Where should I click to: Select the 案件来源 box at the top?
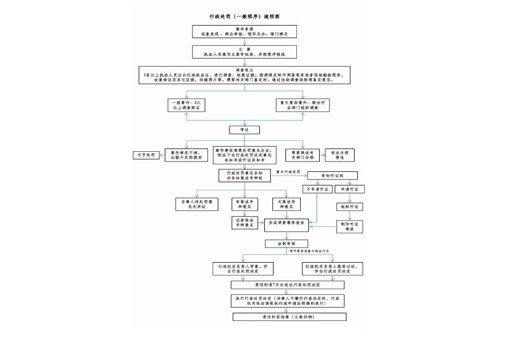click(244, 32)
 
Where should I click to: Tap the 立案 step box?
click(244, 52)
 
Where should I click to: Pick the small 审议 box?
click(244, 130)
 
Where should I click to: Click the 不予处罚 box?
click(145, 155)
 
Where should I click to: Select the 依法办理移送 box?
click(340, 154)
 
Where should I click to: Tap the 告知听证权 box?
click(332, 175)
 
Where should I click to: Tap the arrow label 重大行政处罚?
click(288, 172)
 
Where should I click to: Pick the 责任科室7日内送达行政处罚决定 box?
click(288, 284)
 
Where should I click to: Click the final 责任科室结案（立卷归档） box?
click(288, 316)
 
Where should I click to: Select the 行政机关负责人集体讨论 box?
click(332, 269)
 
